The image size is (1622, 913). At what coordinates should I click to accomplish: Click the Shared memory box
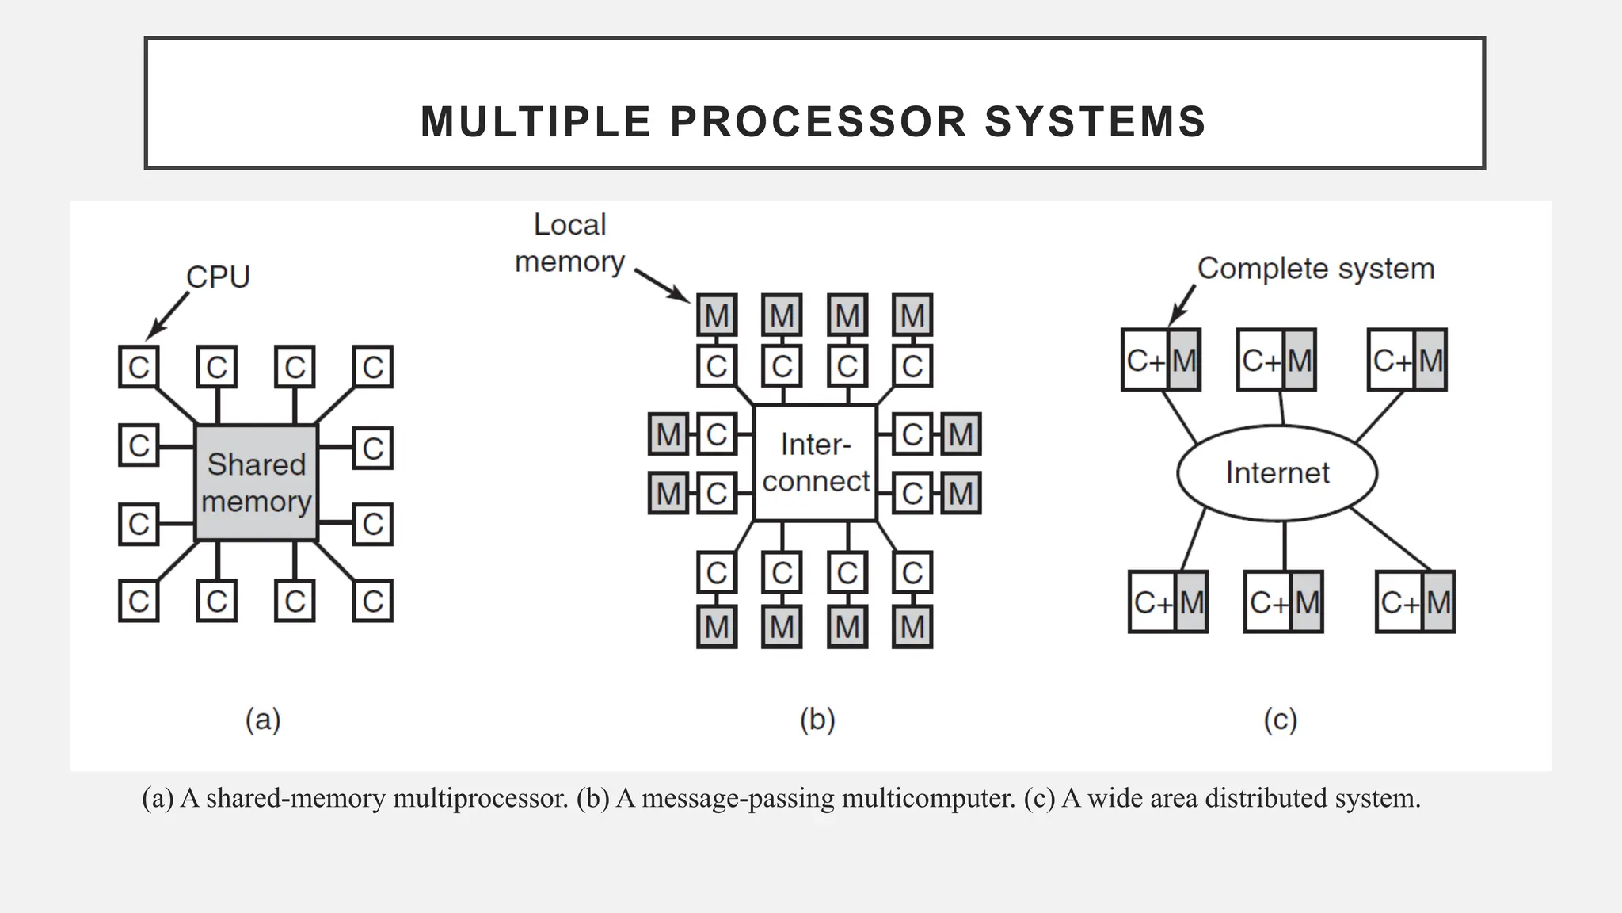coord(256,483)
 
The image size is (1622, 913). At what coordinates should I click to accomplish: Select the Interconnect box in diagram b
coord(815,463)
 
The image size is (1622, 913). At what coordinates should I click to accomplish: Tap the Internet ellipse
coord(1277,473)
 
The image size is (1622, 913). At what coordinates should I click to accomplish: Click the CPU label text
coord(218,277)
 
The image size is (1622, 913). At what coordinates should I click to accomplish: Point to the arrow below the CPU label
coord(168,315)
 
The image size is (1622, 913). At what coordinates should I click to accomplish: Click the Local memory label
coord(570,243)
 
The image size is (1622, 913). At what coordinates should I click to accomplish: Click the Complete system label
coord(1315,269)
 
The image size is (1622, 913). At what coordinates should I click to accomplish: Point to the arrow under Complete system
coord(1182,305)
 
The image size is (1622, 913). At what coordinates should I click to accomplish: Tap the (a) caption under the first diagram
coord(263,720)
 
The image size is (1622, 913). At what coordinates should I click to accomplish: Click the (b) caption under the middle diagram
coord(817,720)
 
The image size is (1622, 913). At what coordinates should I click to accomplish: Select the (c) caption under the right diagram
coord(1280,720)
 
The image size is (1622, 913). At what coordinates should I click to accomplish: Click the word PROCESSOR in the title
coord(818,122)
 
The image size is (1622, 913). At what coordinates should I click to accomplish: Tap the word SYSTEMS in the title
coord(1095,122)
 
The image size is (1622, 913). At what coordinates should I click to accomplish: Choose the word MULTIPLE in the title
coord(535,122)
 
